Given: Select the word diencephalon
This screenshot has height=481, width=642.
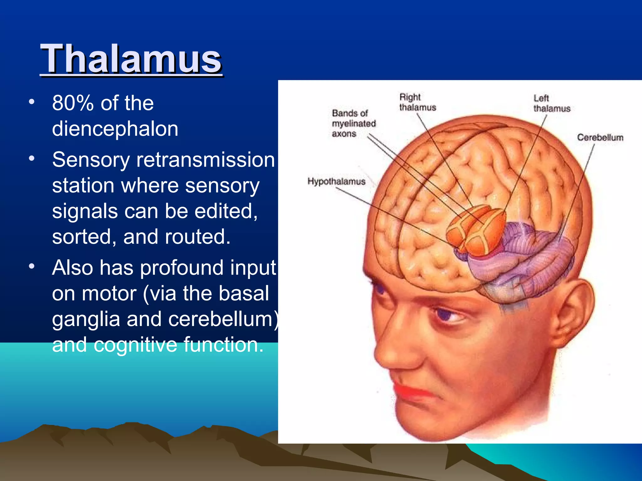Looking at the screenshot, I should [115, 129].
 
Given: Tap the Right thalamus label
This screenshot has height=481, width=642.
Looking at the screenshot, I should [417, 102].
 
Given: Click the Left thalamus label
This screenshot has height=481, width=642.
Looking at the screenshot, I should [551, 103].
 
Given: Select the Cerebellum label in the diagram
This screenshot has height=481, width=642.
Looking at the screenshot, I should [600, 137].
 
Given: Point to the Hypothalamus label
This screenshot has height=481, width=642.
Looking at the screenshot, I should [336, 181].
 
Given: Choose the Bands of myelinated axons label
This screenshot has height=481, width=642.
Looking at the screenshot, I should [353, 123].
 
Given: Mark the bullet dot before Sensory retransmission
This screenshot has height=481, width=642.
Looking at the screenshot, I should [31, 158].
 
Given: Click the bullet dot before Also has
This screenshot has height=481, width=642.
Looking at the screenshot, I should [31, 266].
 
